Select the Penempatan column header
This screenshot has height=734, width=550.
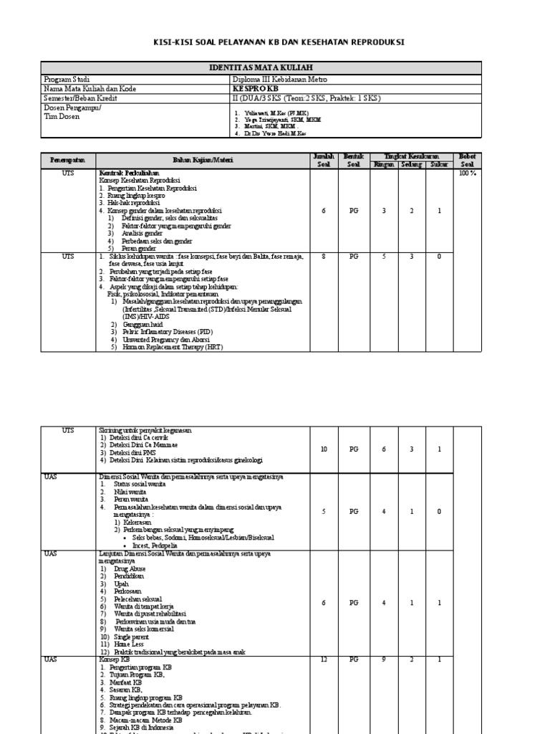coord(67,160)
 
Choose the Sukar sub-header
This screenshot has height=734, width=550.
coord(438,164)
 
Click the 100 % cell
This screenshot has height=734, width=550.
coord(467,173)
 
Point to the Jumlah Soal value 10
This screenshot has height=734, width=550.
coord(324,449)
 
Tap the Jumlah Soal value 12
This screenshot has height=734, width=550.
coord(324,659)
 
